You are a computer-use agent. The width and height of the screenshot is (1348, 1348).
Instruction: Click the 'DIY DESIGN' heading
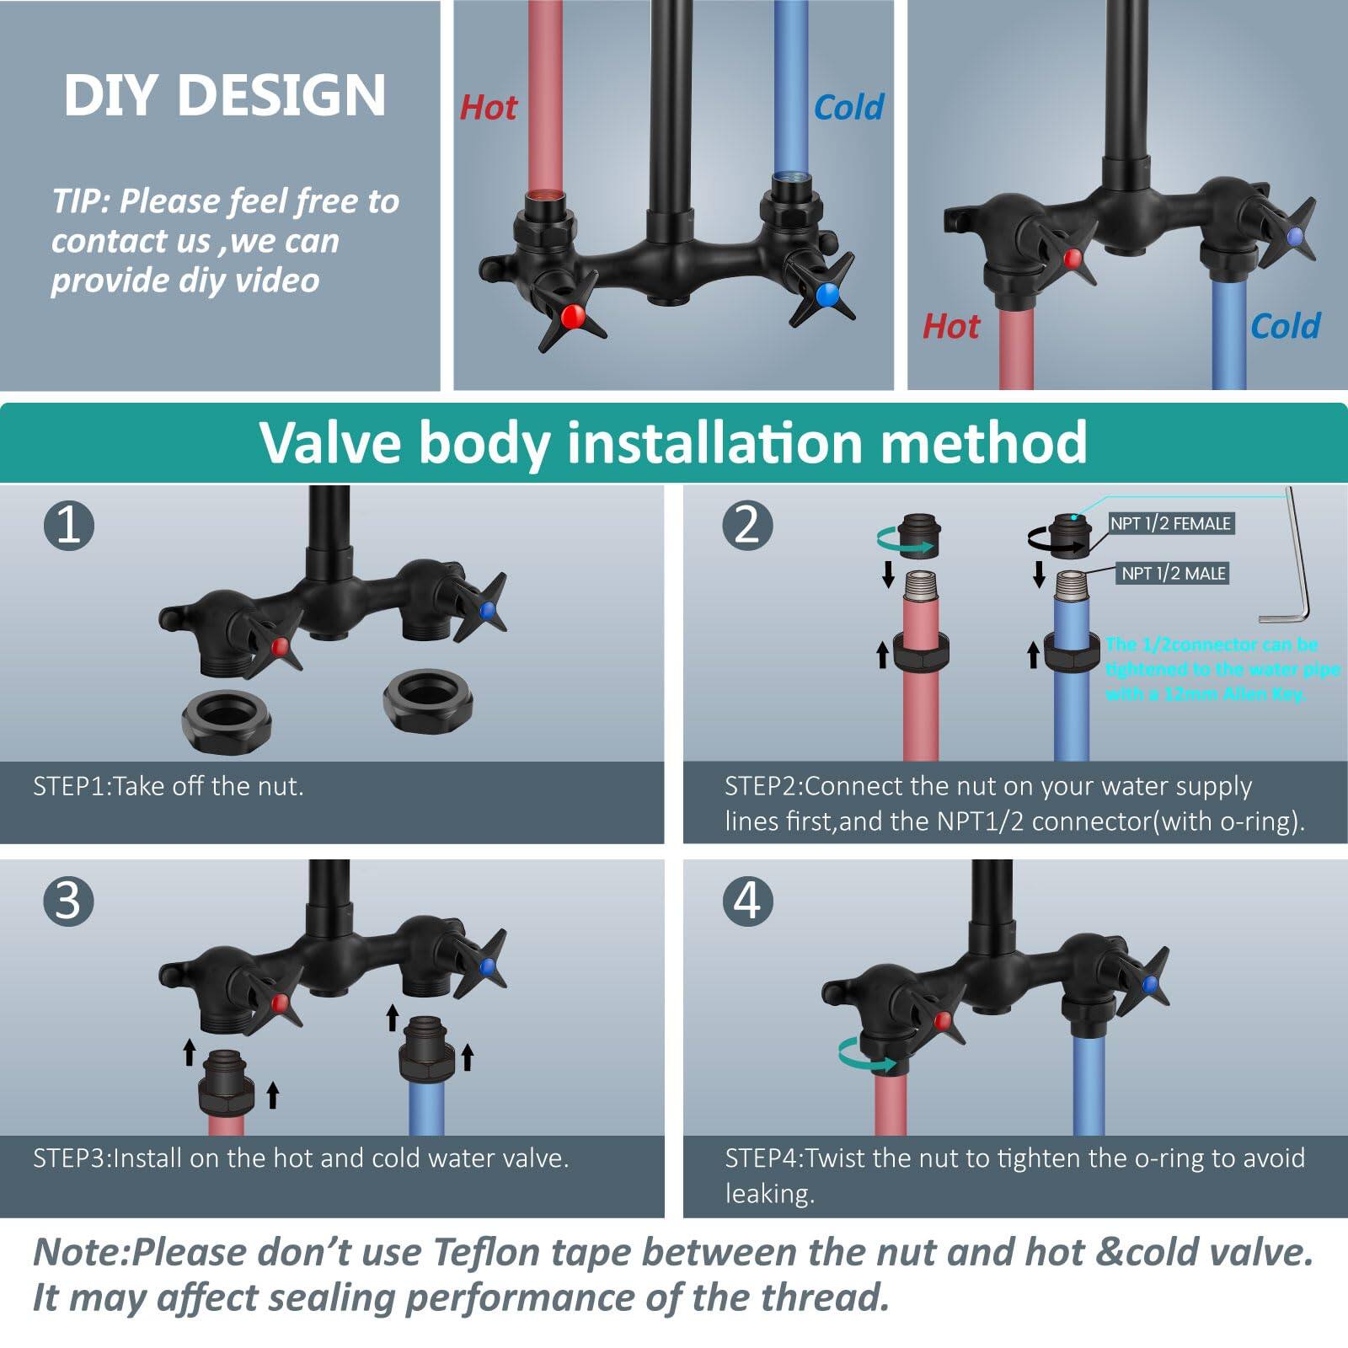pyautogui.click(x=224, y=94)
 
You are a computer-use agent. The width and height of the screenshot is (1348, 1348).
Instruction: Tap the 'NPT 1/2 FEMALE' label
pyautogui.click(x=1169, y=523)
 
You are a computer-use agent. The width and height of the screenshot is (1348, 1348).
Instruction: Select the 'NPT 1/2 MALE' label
pyautogui.click(x=1173, y=574)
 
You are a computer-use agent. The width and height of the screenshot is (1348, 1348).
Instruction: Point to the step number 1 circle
pyautogui.click(x=68, y=525)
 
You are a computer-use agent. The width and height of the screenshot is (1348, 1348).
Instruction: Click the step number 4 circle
pyautogui.click(x=747, y=901)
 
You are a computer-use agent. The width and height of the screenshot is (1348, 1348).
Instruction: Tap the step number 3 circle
pyautogui.click(x=68, y=901)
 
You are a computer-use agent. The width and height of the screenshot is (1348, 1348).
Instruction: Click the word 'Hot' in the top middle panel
pyautogui.click(x=488, y=108)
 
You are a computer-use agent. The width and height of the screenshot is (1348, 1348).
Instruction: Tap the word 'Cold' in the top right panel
pyautogui.click(x=1284, y=326)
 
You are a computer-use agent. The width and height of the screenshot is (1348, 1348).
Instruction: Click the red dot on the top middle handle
pyautogui.click(x=573, y=316)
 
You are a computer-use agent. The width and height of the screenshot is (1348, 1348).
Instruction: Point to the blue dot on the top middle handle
pyautogui.click(x=827, y=294)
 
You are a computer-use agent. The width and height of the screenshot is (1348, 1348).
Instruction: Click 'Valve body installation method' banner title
pyautogui.click(x=672, y=441)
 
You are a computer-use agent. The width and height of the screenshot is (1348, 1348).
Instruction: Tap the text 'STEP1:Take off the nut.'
pyautogui.click(x=168, y=786)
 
